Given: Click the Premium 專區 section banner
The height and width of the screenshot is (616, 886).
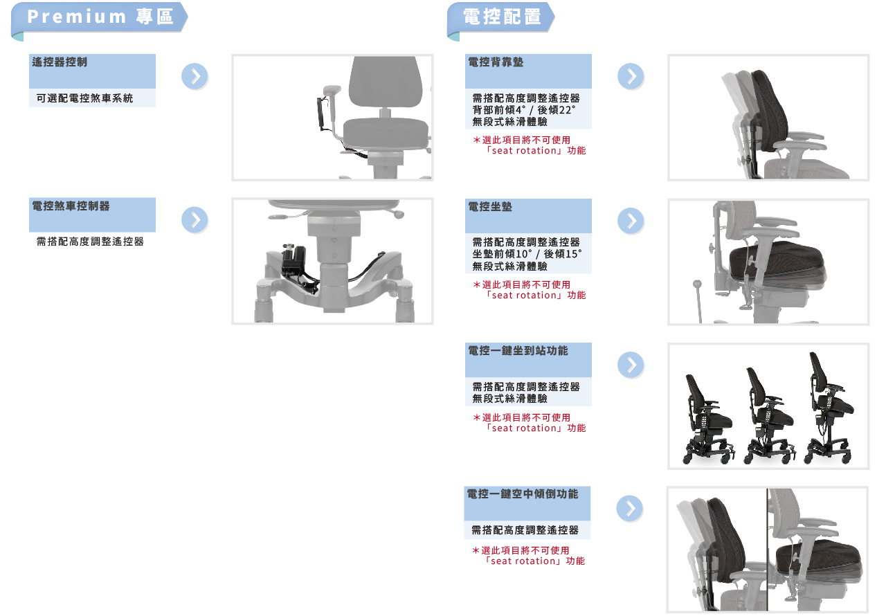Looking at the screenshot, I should [100, 17].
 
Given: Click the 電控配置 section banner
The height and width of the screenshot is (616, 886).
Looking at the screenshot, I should [501, 17].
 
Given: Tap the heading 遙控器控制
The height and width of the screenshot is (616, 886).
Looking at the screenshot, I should [60, 62].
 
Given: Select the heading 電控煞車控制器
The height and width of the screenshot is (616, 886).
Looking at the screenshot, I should [71, 206].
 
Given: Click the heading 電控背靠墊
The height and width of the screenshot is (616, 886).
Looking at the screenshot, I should [496, 62].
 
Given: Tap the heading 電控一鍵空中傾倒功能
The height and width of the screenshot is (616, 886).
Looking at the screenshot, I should [523, 494].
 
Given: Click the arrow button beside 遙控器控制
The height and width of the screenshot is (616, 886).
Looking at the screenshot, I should [195, 76].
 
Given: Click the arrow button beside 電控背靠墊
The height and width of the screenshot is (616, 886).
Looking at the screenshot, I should [631, 76].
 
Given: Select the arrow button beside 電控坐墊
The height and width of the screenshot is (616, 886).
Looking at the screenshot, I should [631, 221].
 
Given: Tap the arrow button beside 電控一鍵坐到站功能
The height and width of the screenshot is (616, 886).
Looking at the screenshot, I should [631, 365].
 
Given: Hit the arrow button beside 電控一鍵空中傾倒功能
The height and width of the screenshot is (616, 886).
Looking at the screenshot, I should [630, 509].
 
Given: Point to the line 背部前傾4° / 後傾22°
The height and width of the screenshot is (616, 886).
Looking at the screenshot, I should [524, 110].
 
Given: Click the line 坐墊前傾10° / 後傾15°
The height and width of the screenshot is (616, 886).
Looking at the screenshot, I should [527, 254].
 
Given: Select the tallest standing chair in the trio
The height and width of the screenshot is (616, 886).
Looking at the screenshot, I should [828, 408].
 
